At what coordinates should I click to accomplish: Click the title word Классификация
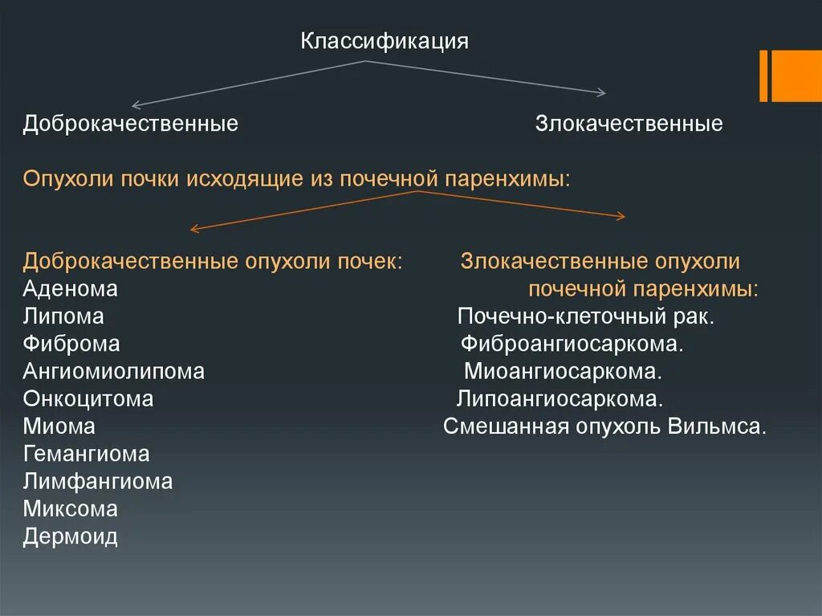[385, 42]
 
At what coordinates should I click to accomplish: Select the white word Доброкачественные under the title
[131, 124]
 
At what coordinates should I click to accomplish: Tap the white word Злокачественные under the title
[629, 124]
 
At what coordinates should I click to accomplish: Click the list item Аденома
[71, 289]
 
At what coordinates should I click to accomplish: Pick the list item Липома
[63, 316]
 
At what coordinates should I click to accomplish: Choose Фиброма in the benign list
[71, 345]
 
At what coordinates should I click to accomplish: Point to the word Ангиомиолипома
[114, 372]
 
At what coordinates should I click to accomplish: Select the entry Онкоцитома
[88, 399]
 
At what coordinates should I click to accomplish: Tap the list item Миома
[59, 426]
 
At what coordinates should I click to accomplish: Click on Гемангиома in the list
[86, 454]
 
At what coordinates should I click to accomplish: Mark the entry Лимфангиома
[97, 482]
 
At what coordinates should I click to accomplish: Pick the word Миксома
[71, 509]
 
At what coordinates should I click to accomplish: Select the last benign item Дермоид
[71, 536]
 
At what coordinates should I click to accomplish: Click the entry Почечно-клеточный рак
[585, 316]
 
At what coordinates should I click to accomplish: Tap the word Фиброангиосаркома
[572, 345]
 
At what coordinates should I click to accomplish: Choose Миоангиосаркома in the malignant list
[563, 372]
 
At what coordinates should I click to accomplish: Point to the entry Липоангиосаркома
[560, 399]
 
